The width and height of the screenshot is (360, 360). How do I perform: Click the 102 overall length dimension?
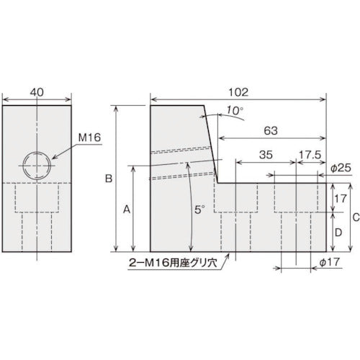pos(238,91)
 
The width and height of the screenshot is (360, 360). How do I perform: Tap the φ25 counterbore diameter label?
pos(341,167)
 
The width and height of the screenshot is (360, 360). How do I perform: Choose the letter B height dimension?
pos(109,178)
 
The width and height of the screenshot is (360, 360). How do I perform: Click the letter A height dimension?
pos(126,209)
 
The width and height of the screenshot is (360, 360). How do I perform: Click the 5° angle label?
pos(199,207)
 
